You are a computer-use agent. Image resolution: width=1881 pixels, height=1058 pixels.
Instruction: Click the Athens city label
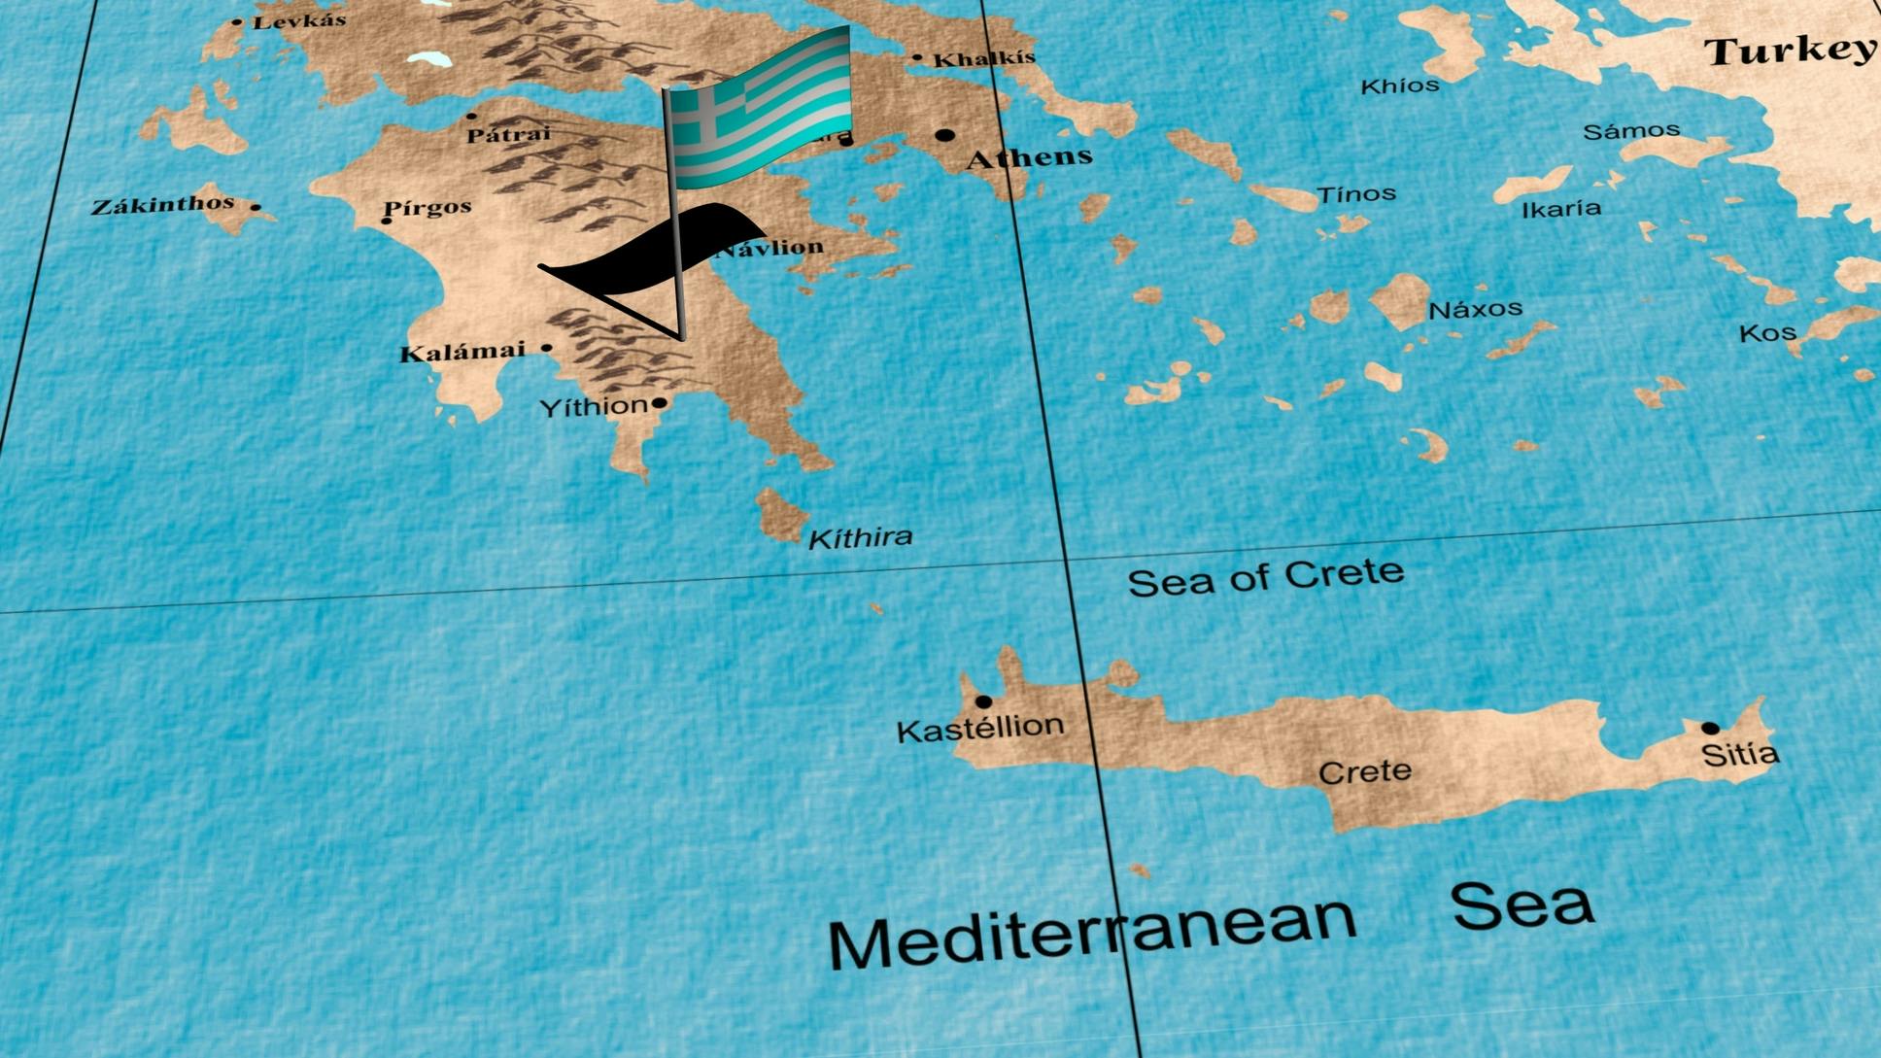[1030, 157]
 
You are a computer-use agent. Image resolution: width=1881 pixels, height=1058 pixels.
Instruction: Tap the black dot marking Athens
[944, 135]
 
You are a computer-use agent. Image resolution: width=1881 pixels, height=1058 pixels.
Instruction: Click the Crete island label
[1365, 772]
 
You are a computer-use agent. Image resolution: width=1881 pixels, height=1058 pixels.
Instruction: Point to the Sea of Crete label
[1265, 577]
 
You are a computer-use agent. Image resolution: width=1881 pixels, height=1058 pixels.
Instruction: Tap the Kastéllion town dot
[983, 701]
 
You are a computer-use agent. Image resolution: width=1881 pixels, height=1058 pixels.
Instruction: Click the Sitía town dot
[1710, 728]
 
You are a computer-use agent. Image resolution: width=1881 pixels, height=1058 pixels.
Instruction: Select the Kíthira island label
[861, 537]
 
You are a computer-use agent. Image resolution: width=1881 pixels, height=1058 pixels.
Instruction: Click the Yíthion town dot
[660, 402]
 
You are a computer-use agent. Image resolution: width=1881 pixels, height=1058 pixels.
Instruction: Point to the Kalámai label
[462, 352]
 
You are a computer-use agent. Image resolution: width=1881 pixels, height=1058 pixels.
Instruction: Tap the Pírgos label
[427, 207]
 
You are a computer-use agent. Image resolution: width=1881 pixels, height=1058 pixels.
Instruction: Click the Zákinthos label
[163, 205]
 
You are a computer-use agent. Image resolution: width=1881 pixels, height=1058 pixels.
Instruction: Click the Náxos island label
[1475, 310]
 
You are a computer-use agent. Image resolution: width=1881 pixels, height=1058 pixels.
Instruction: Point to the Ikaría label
[1561, 209]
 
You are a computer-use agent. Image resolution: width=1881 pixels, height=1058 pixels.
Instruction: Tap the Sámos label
[1631, 131]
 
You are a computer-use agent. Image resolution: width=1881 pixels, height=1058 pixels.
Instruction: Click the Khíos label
[1400, 86]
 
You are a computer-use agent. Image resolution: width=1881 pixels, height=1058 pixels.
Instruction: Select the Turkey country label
[1790, 51]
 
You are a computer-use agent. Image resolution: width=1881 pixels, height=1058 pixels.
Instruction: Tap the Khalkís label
[984, 59]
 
